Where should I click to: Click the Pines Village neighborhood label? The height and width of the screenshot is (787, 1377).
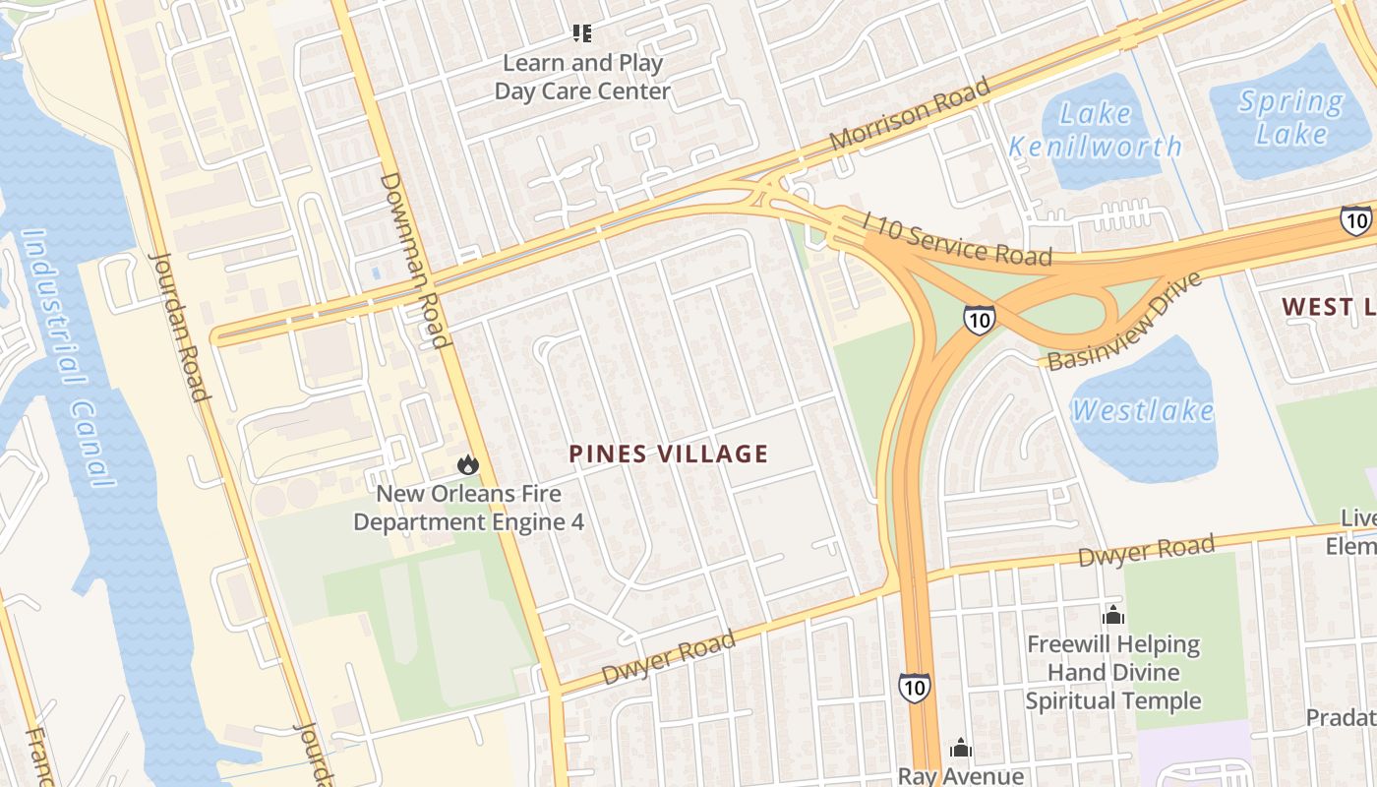click(669, 454)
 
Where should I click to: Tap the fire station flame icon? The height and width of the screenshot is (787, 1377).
click(468, 464)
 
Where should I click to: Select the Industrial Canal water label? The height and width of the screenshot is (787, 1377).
click(67, 359)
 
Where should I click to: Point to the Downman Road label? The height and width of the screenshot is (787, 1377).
click(415, 261)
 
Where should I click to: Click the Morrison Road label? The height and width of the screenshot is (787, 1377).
click(909, 114)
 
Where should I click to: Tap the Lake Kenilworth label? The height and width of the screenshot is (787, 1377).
click(1096, 130)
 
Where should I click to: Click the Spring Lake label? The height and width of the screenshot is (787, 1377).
click(1290, 117)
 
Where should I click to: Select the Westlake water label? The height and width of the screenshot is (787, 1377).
click(1143, 409)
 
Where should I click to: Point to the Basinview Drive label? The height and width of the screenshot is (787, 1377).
click(1124, 323)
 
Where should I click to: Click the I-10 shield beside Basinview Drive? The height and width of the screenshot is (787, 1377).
click(978, 319)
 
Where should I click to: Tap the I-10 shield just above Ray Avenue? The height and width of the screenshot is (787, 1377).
click(914, 687)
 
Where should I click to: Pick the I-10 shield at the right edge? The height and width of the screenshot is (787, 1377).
click(1355, 220)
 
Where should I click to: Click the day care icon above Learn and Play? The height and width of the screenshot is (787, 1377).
click(582, 34)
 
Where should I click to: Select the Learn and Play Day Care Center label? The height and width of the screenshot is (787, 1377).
click(582, 78)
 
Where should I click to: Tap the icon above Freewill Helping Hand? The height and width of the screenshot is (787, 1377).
click(1113, 616)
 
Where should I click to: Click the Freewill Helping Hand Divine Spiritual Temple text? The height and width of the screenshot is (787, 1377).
click(1113, 673)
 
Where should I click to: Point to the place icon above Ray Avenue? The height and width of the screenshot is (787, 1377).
click(961, 750)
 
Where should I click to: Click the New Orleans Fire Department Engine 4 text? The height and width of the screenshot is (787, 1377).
click(468, 508)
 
